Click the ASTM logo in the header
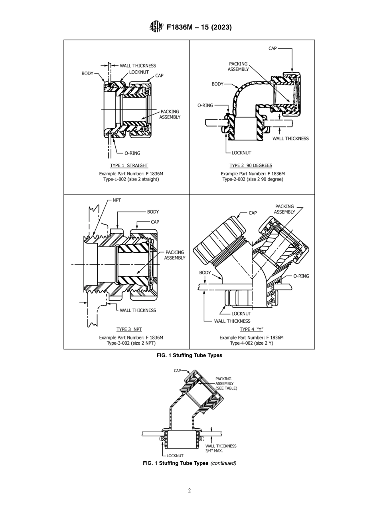coord(156,27)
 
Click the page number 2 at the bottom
coord(189,491)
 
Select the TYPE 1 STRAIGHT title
coord(129,166)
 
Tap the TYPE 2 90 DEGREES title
coord(251,166)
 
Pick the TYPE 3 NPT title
coord(129,329)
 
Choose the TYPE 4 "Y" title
coord(251,329)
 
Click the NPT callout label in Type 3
coord(117,200)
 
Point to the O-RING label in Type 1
coord(132,153)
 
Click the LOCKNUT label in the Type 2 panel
coord(241,153)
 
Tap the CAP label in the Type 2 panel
coord(272,48)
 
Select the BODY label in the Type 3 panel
coord(153,212)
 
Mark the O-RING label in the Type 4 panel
coord(301,276)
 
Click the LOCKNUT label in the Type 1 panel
coord(139,72)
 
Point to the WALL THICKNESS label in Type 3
coord(138,310)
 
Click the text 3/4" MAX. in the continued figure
coord(214,450)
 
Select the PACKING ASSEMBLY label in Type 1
coord(170,114)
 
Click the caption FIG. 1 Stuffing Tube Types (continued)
coord(189,463)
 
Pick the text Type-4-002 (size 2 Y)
coord(251,343)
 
